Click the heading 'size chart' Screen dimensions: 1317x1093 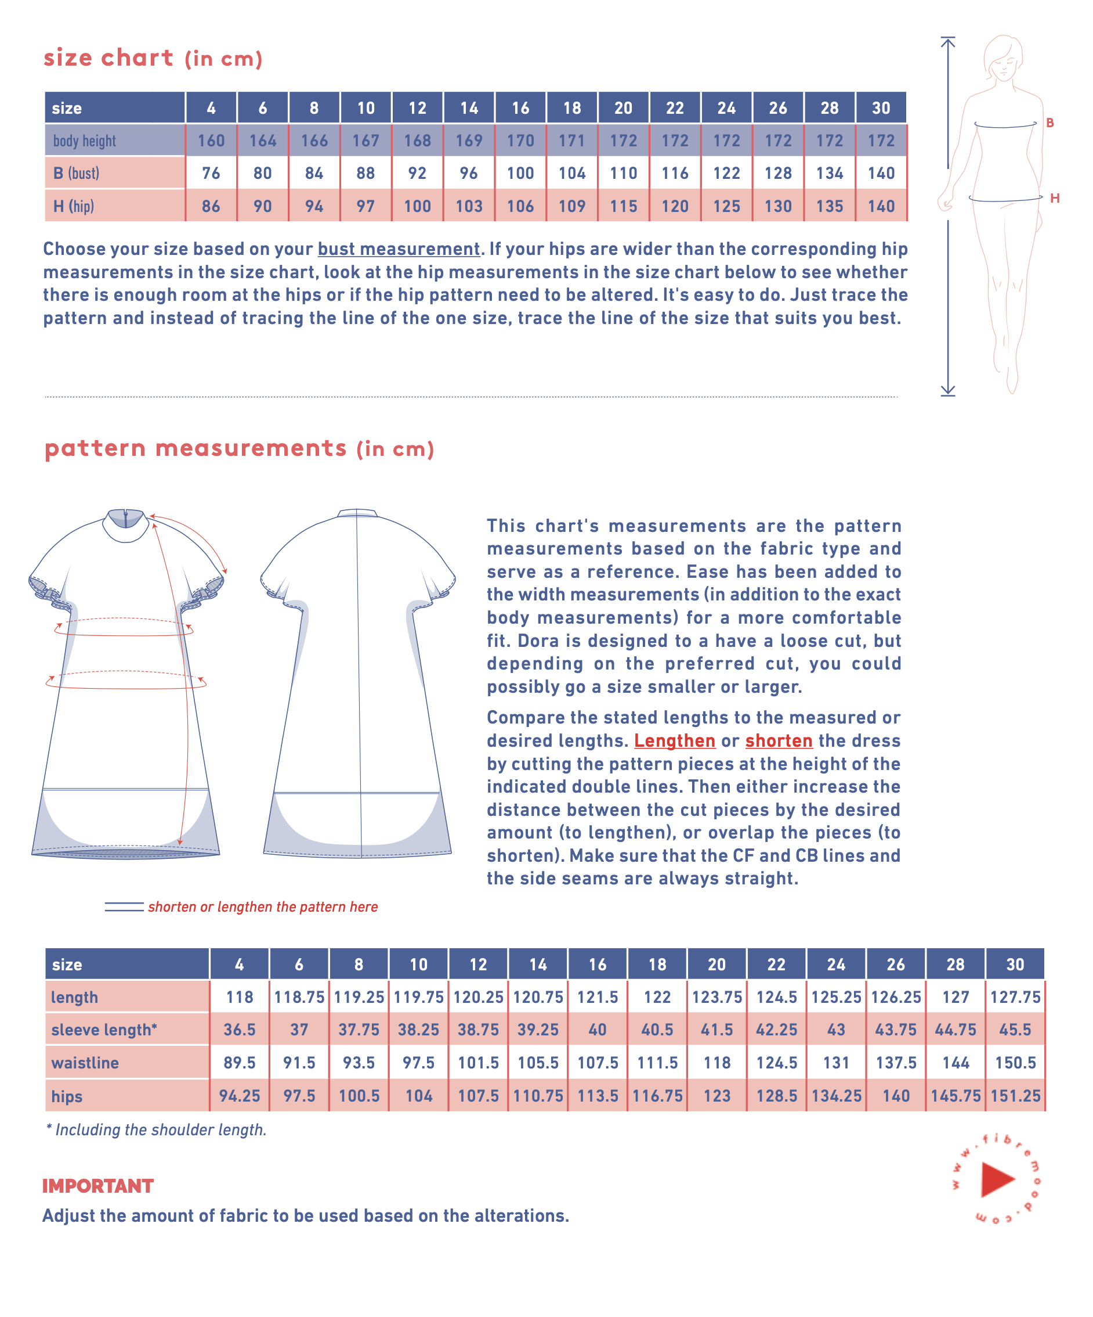pos(108,57)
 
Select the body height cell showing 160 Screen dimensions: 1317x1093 pos(211,141)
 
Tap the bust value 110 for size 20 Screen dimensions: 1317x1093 pos(623,173)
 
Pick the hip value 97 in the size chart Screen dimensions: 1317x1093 pos(365,206)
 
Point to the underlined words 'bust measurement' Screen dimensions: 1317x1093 pos(399,249)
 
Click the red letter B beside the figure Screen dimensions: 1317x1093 pos(1049,123)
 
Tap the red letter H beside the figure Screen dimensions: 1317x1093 pos(1055,198)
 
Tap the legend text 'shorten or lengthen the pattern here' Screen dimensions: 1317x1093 pos(263,907)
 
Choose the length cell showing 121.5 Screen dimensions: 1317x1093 pos(598,997)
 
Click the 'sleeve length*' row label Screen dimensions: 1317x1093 pos(104,1030)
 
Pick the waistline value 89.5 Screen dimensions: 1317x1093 pos(240,1063)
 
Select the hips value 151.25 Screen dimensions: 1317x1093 pos(1015,1096)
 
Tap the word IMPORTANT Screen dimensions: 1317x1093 pos(98,1186)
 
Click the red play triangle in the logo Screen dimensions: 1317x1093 pos(996,1179)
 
